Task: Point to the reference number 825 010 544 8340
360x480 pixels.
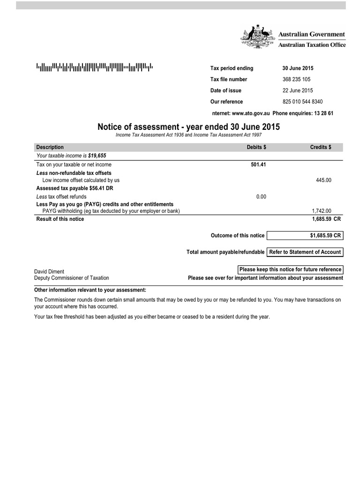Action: pos(299,102)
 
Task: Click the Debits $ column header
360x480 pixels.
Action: pos(256,147)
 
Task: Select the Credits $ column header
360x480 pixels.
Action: pos(321,147)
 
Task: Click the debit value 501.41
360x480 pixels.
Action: pos(259,165)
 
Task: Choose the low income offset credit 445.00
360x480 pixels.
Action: pos(324,180)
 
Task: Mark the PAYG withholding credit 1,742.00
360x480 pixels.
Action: pos(322,211)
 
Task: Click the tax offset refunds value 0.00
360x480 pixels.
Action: pos(261,197)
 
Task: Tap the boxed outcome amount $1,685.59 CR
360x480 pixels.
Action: pos(305,235)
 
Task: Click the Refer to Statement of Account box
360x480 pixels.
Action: pos(305,252)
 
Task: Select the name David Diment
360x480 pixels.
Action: pos(49,271)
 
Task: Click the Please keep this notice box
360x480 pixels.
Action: pos(290,270)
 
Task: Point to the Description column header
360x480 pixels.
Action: pos(50,147)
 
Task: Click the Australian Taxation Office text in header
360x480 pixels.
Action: pos(312,45)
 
